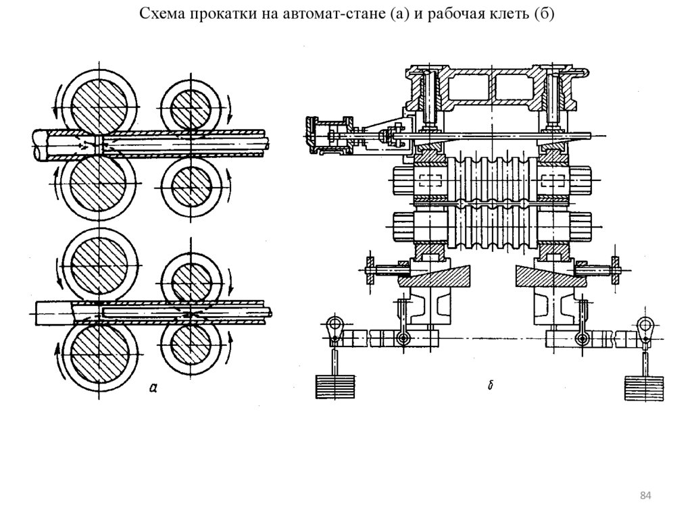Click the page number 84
point(645,496)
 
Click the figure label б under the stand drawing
point(490,385)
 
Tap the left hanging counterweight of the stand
point(335,388)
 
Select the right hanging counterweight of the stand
point(644,388)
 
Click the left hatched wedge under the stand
point(434,276)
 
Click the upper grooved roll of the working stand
point(491,179)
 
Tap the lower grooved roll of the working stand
point(491,227)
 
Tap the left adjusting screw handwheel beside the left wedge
point(370,269)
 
